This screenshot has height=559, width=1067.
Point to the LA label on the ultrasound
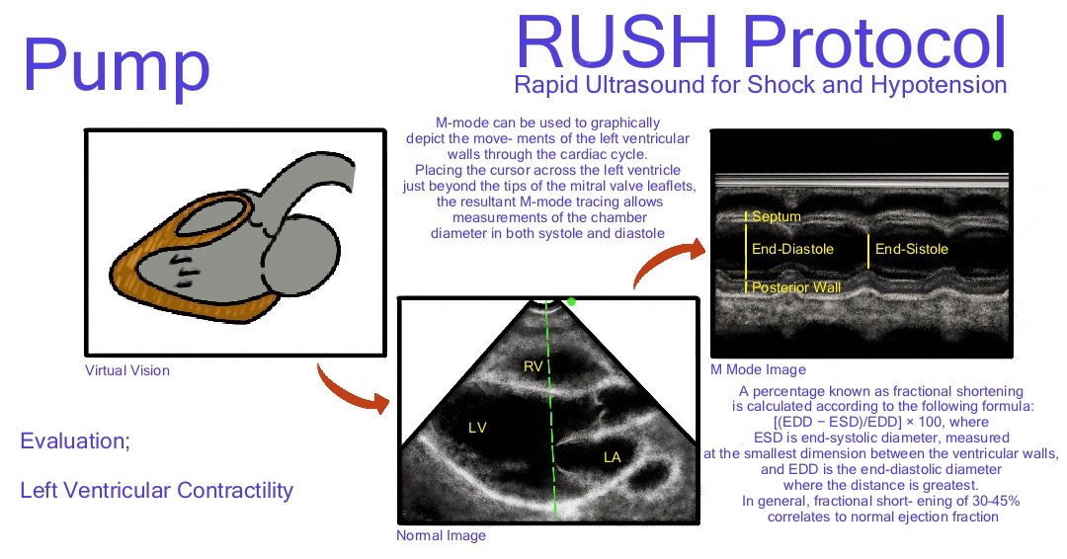point(613,456)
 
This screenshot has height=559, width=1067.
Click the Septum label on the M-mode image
point(776,216)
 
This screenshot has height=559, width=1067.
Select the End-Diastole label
point(792,249)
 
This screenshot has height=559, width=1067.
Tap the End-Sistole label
point(911,249)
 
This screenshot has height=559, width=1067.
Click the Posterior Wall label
point(796,287)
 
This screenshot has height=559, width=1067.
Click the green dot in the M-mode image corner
point(996,135)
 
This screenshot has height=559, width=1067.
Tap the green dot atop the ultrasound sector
point(571,301)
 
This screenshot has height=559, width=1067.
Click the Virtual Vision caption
point(126,370)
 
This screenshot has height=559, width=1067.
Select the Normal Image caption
point(441,535)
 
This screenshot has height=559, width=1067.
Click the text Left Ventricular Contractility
point(156,489)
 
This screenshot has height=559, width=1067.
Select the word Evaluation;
point(75,441)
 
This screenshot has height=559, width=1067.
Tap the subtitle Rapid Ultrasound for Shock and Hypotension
point(761,85)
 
